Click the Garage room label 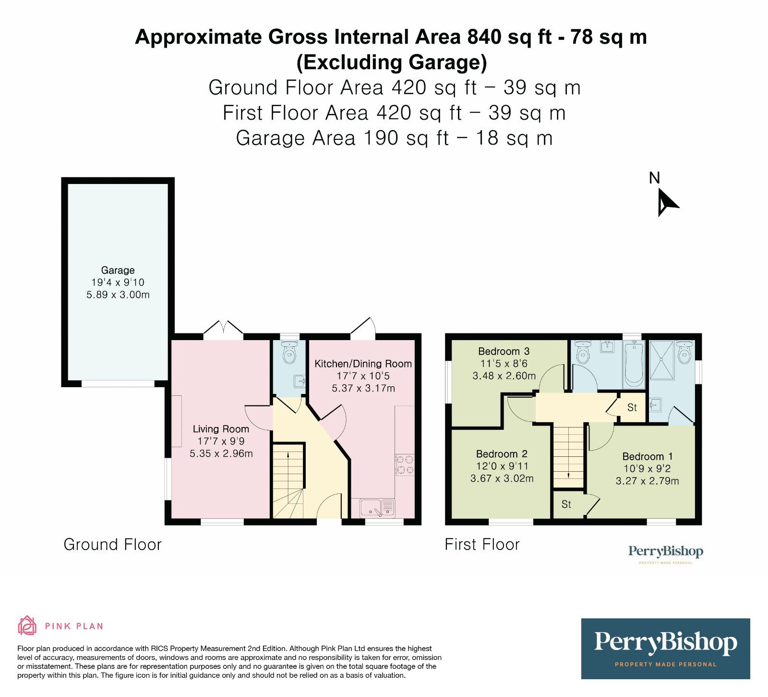118,270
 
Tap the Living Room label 221,429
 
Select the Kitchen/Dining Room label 363,364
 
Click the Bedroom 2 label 502,454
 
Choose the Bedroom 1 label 648,456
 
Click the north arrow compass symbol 667,202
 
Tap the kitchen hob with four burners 404,465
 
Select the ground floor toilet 289,352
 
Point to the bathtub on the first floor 634,365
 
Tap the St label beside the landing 632,408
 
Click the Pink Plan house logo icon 27,625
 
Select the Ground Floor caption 113,544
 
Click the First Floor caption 482,544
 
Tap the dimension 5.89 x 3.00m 118,295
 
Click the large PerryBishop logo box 665,648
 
